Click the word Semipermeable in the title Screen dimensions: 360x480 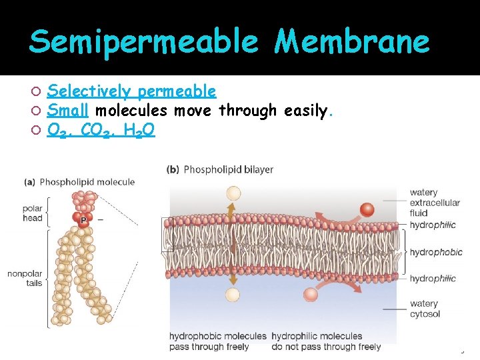143,42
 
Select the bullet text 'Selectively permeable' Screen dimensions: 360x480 132,91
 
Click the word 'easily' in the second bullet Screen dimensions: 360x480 305,110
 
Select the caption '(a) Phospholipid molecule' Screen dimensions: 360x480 79,182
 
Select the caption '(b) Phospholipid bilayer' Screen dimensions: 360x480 220,169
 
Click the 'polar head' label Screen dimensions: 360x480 33,213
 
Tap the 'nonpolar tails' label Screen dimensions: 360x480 25,278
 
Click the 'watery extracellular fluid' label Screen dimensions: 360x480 435,203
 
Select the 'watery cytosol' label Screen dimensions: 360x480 425,309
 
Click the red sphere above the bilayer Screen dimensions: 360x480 367,209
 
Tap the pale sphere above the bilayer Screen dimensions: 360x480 233,193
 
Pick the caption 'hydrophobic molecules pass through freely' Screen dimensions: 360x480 217,341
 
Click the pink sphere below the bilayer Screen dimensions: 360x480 311,295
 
